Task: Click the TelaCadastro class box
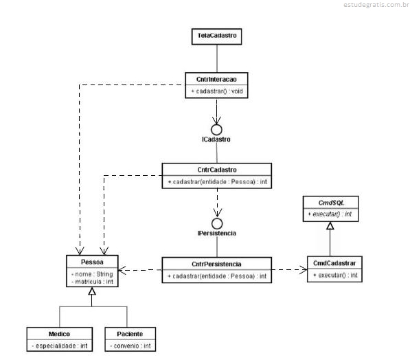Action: click(216, 36)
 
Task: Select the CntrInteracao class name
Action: click(216, 79)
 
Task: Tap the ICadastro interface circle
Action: click(216, 130)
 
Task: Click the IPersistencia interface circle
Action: click(217, 223)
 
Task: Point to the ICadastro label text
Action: click(216, 139)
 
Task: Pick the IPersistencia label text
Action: click(217, 233)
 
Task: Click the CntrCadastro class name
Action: click(217, 170)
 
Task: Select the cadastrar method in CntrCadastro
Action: click(217, 181)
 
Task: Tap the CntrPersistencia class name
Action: click(216, 264)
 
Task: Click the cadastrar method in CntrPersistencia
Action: click(217, 276)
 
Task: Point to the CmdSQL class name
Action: click(331, 203)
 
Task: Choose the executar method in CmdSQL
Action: click(330, 214)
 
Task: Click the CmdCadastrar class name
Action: click(334, 263)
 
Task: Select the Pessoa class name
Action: click(92, 262)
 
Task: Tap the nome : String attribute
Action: click(92, 274)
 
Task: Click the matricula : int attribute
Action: click(92, 282)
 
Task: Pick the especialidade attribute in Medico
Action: click(60, 346)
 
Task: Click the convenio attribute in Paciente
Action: click(130, 346)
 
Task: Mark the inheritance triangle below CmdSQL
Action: click(330, 225)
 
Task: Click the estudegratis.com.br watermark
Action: click(376, 5)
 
